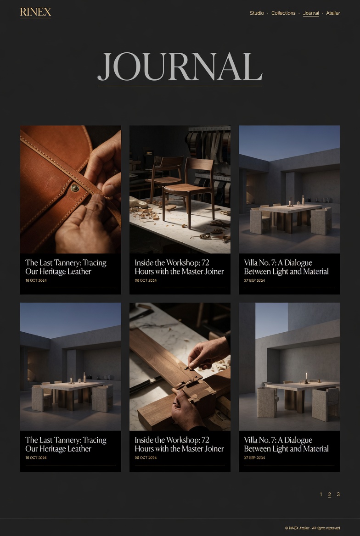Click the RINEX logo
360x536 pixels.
(x=36, y=12)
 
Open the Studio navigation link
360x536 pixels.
(x=257, y=13)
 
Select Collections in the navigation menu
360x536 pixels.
(x=283, y=13)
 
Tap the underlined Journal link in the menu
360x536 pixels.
(x=311, y=13)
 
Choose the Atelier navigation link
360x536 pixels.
(x=333, y=13)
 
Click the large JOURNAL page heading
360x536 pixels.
(x=180, y=67)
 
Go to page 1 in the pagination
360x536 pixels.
(x=321, y=494)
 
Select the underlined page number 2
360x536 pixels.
(x=330, y=494)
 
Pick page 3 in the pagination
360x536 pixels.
(x=338, y=494)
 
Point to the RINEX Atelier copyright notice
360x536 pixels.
(x=312, y=528)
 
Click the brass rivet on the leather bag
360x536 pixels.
(x=74, y=187)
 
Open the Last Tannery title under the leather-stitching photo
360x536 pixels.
(x=66, y=267)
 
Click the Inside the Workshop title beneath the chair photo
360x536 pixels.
(x=179, y=267)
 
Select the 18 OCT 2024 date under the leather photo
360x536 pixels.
(x=36, y=281)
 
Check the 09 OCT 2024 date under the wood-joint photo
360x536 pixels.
(x=146, y=458)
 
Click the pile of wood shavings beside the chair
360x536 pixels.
(x=146, y=213)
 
